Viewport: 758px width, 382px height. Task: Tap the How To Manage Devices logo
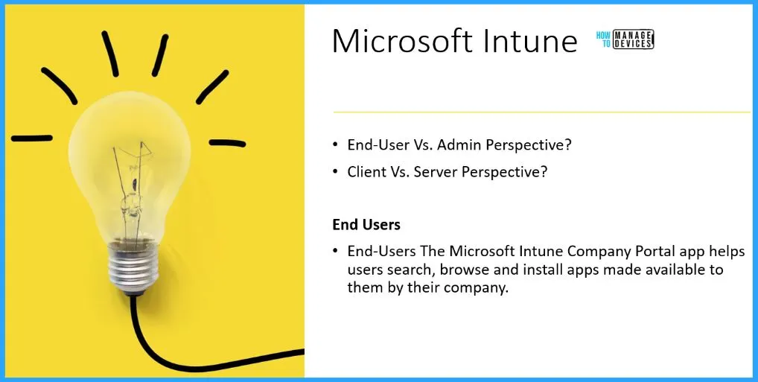pyautogui.click(x=625, y=39)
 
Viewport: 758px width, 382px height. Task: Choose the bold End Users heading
pyautogui.click(x=366, y=224)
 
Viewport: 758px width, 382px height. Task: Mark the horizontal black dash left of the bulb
pyautogui.click(x=32, y=139)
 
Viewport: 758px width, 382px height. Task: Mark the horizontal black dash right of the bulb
pyautogui.click(x=227, y=143)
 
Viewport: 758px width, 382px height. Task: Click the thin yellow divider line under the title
pyautogui.click(x=541, y=112)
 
